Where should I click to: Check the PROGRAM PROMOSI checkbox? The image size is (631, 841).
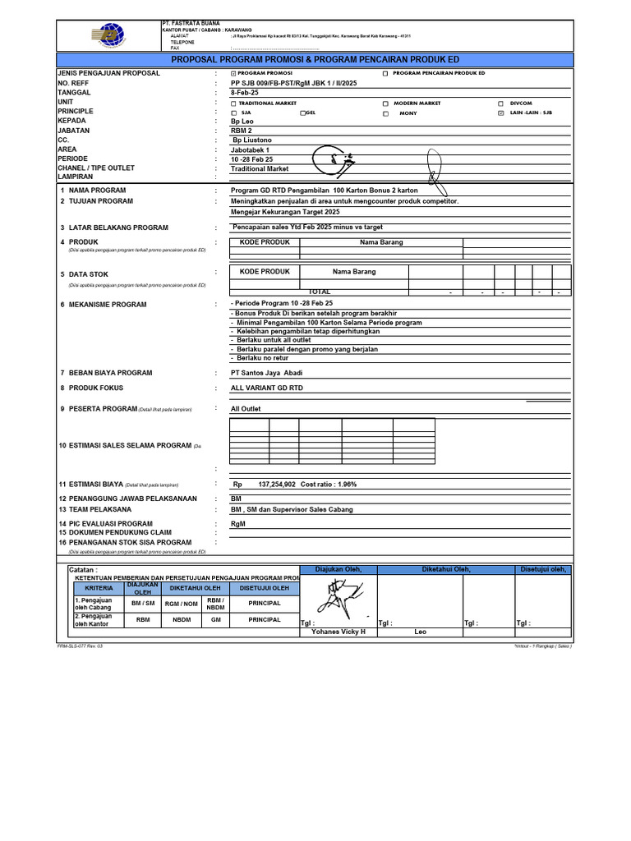pos(233,74)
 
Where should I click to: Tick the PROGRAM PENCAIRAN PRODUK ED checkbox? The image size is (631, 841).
pos(385,74)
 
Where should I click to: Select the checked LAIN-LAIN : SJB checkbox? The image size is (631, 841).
pos(501,113)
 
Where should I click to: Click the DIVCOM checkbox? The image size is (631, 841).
pos(501,104)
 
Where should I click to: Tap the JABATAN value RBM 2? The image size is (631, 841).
pos(242,131)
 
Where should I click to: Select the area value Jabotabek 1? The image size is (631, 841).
pos(251,149)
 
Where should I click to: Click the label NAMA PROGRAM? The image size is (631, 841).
pos(97,190)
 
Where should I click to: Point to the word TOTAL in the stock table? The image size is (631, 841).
pos(320,292)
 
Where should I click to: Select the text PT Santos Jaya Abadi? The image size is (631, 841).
pos(266,373)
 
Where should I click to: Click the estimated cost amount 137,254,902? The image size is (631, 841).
pos(277,485)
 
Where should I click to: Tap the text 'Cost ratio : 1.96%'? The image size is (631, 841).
pos(329,485)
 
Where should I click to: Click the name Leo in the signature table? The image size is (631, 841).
pos(421,632)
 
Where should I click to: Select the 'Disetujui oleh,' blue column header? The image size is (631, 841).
pos(541,569)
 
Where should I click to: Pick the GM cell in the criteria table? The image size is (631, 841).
pos(216,620)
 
